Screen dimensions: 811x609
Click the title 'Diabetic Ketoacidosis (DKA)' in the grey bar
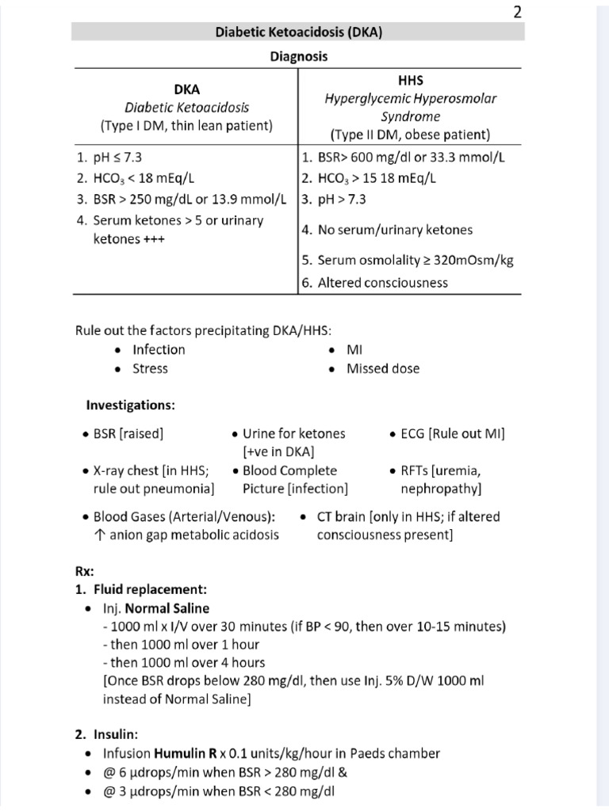[x=297, y=32]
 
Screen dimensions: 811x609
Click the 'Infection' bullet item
[x=159, y=349]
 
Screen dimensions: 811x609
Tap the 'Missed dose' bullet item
[x=383, y=368]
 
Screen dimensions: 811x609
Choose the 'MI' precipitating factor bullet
[x=354, y=349]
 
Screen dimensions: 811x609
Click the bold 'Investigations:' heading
[x=130, y=405]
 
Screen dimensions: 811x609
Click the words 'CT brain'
[x=341, y=516]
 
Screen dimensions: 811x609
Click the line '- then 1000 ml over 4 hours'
[x=184, y=662]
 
